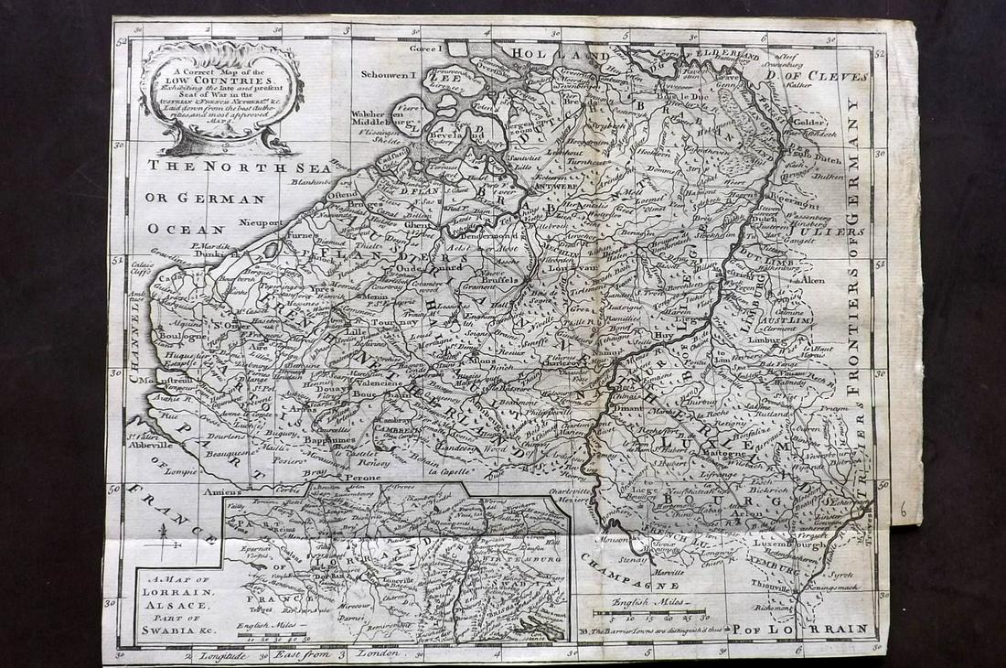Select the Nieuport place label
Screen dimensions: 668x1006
click(x=282, y=220)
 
